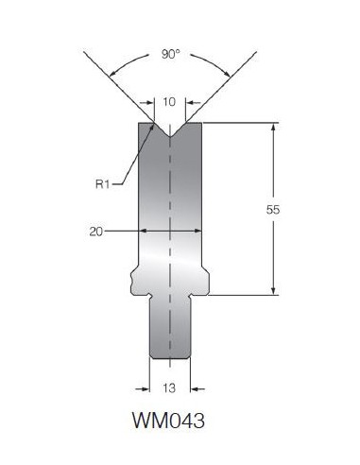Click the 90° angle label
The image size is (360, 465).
[x=170, y=54]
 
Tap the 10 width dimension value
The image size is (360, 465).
[x=169, y=102]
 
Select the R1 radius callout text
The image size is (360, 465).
[x=102, y=184]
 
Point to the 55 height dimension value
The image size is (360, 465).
[x=273, y=210]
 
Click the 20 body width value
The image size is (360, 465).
[x=96, y=232]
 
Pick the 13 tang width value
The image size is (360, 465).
[x=169, y=388]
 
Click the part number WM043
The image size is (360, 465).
[x=168, y=421]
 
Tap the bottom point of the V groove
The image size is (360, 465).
[x=170, y=137]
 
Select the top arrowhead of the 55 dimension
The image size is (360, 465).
[x=273, y=127]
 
